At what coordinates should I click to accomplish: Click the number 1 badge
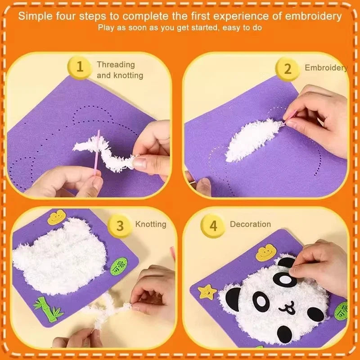click(x=80, y=67)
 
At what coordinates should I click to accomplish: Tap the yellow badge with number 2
click(x=288, y=68)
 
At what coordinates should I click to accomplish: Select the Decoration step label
click(x=250, y=224)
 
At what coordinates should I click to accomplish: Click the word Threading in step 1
click(x=116, y=65)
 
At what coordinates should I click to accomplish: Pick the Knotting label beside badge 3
click(x=151, y=224)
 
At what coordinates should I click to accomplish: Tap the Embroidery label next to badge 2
click(x=326, y=68)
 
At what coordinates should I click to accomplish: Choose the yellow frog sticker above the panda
click(x=265, y=253)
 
